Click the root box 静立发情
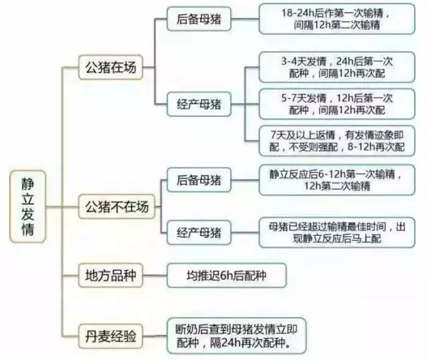pyautogui.click(x=28, y=206)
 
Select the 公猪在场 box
pyautogui.click(x=111, y=67)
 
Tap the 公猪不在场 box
pyautogui.click(x=117, y=206)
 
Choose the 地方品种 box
pyautogui.click(x=111, y=275)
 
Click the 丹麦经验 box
pyautogui.click(x=111, y=336)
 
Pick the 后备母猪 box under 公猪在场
pyautogui.click(x=199, y=19)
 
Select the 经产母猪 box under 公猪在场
pyautogui.click(x=199, y=104)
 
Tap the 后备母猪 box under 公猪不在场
pyautogui.click(x=199, y=180)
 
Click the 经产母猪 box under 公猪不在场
pyautogui.click(x=199, y=232)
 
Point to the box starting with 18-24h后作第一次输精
pyautogui.click(x=337, y=19)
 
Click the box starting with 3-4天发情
pyautogui.click(x=337, y=67)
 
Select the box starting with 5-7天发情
pyautogui.click(x=337, y=104)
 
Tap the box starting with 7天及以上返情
pyautogui.click(x=337, y=141)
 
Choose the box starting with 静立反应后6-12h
pyautogui.click(x=337, y=180)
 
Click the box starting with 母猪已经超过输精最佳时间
pyautogui.click(x=337, y=232)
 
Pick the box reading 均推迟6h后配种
pyautogui.click(x=227, y=275)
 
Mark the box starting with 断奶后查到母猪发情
pyautogui.click(x=237, y=336)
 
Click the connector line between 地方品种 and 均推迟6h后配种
pyautogui.click(x=155, y=275)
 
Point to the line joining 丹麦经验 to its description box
pyautogui.click(x=155, y=336)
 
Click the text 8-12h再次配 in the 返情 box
pyautogui.click(x=376, y=147)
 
